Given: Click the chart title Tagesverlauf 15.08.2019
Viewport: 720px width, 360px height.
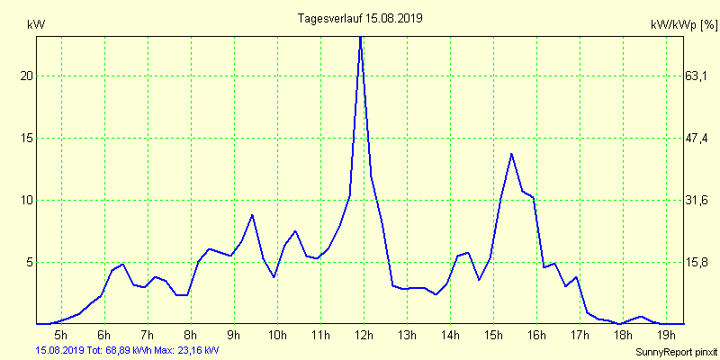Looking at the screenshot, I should [x=360, y=18].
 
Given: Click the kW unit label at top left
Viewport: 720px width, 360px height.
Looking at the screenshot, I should [x=36, y=24].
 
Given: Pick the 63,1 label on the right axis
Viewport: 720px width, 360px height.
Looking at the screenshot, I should [x=697, y=76].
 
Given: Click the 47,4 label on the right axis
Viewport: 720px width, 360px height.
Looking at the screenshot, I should [x=697, y=138].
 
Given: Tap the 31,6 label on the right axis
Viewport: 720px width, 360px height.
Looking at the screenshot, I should [x=697, y=200].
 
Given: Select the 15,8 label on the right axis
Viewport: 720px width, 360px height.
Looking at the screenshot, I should [x=697, y=262].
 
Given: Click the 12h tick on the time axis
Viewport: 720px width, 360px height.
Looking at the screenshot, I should [x=364, y=336].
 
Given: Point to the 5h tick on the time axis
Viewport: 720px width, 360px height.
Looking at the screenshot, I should [x=61, y=336].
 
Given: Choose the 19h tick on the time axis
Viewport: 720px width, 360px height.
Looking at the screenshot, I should [x=666, y=336].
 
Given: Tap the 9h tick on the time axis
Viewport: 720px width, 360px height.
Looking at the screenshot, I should [x=234, y=336].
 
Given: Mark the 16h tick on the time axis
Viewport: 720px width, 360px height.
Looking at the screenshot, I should [x=536, y=336].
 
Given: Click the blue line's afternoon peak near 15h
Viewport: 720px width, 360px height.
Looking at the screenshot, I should [x=511, y=154].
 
